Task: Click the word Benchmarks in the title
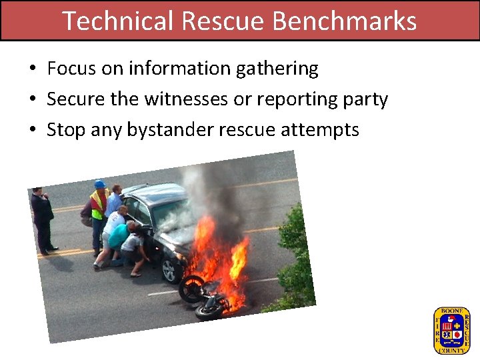tap(345, 21)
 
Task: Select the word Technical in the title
tap(119, 21)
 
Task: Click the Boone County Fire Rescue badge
tap(451, 329)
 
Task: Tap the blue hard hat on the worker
tap(100, 184)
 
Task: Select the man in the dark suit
tap(43, 220)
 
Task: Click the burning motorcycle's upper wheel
tap(192, 287)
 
